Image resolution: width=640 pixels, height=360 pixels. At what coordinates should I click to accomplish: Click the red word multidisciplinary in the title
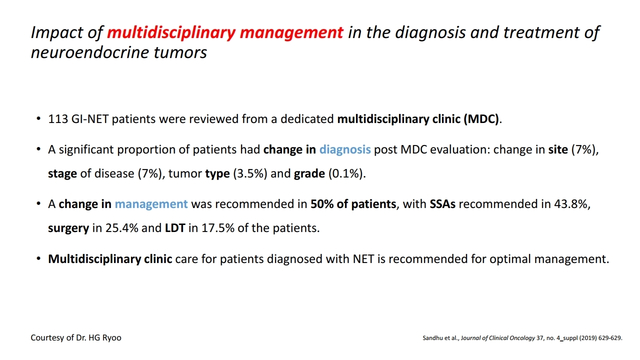[171, 33]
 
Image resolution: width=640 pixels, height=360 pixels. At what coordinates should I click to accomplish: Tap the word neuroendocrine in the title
[89, 52]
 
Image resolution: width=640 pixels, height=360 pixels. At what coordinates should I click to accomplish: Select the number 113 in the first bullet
[57, 119]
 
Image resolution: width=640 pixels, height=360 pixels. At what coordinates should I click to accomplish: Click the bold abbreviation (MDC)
[481, 119]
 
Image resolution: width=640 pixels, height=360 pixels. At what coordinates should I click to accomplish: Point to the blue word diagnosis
[345, 149]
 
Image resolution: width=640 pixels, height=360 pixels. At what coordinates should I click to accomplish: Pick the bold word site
[557, 149]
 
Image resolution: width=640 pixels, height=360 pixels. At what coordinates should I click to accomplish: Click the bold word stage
[62, 174]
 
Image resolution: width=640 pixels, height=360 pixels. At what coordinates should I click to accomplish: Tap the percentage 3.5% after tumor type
[250, 173]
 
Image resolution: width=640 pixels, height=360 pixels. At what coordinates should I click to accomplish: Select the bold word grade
[309, 174]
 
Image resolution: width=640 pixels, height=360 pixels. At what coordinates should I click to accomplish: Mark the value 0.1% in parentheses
[345, 173]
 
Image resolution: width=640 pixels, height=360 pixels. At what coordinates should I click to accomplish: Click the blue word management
[151, 204]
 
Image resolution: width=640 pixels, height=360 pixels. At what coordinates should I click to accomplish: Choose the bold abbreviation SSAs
[442, 204]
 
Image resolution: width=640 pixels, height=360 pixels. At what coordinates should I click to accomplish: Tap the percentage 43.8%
[570, 204]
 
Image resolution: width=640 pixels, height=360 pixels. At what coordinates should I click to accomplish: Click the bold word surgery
[68, 228]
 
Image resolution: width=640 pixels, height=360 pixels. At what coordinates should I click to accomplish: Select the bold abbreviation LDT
[175, 228]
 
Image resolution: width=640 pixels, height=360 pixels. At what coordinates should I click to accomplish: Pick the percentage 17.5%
[218, 228]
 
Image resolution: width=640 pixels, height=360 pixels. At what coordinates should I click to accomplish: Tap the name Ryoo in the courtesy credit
[111, 338]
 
